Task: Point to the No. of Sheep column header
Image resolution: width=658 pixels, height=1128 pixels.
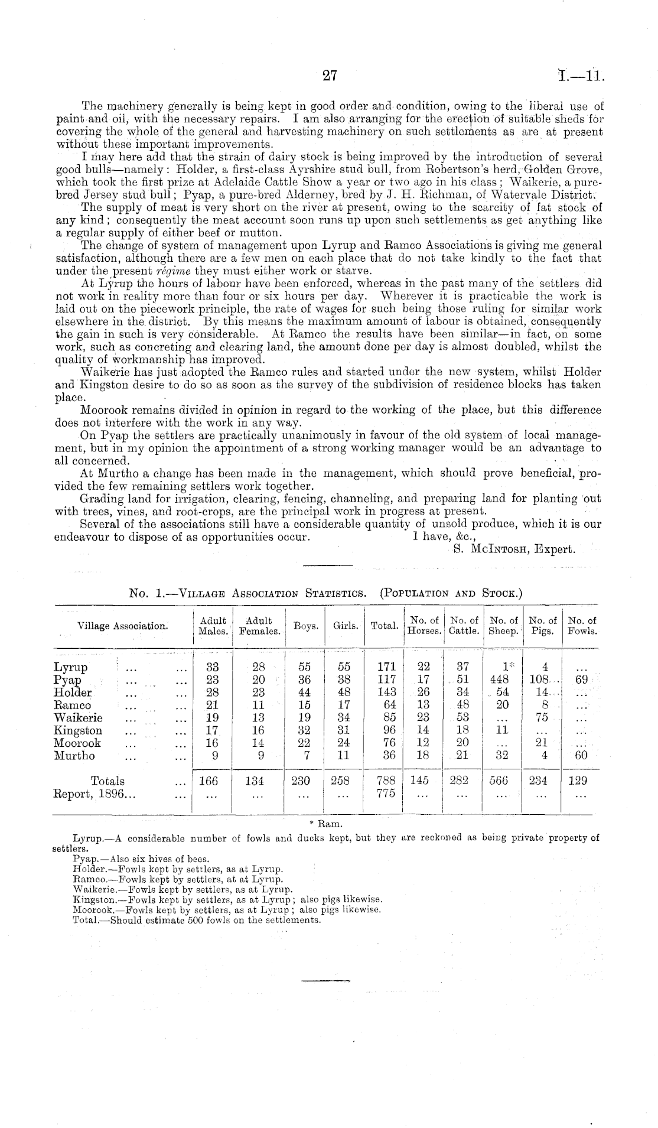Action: point(503,626)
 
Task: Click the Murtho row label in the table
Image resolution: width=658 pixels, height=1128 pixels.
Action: point(74,755)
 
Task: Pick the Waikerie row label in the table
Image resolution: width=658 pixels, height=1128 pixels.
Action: point(78,717)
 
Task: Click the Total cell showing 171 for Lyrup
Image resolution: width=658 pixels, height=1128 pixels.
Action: point(386,667)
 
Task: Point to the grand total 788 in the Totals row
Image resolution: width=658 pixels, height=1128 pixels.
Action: point(386,781)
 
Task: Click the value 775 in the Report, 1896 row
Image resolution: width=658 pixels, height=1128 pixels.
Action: point(386,794)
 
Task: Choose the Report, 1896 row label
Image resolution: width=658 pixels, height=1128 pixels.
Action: point(95,794)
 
